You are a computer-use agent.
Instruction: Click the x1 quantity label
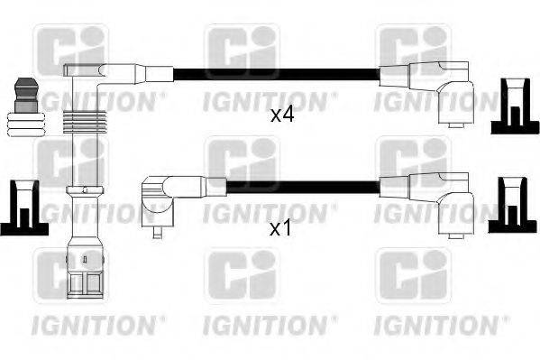(x=279, y=228)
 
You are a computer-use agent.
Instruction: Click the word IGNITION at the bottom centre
(x=270, y=321)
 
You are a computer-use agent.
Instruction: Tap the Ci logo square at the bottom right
(x=412, y=273)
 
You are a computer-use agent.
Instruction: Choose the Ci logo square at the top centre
(x=242, y=50)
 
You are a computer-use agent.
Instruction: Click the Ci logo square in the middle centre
(x=242, y=162)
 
